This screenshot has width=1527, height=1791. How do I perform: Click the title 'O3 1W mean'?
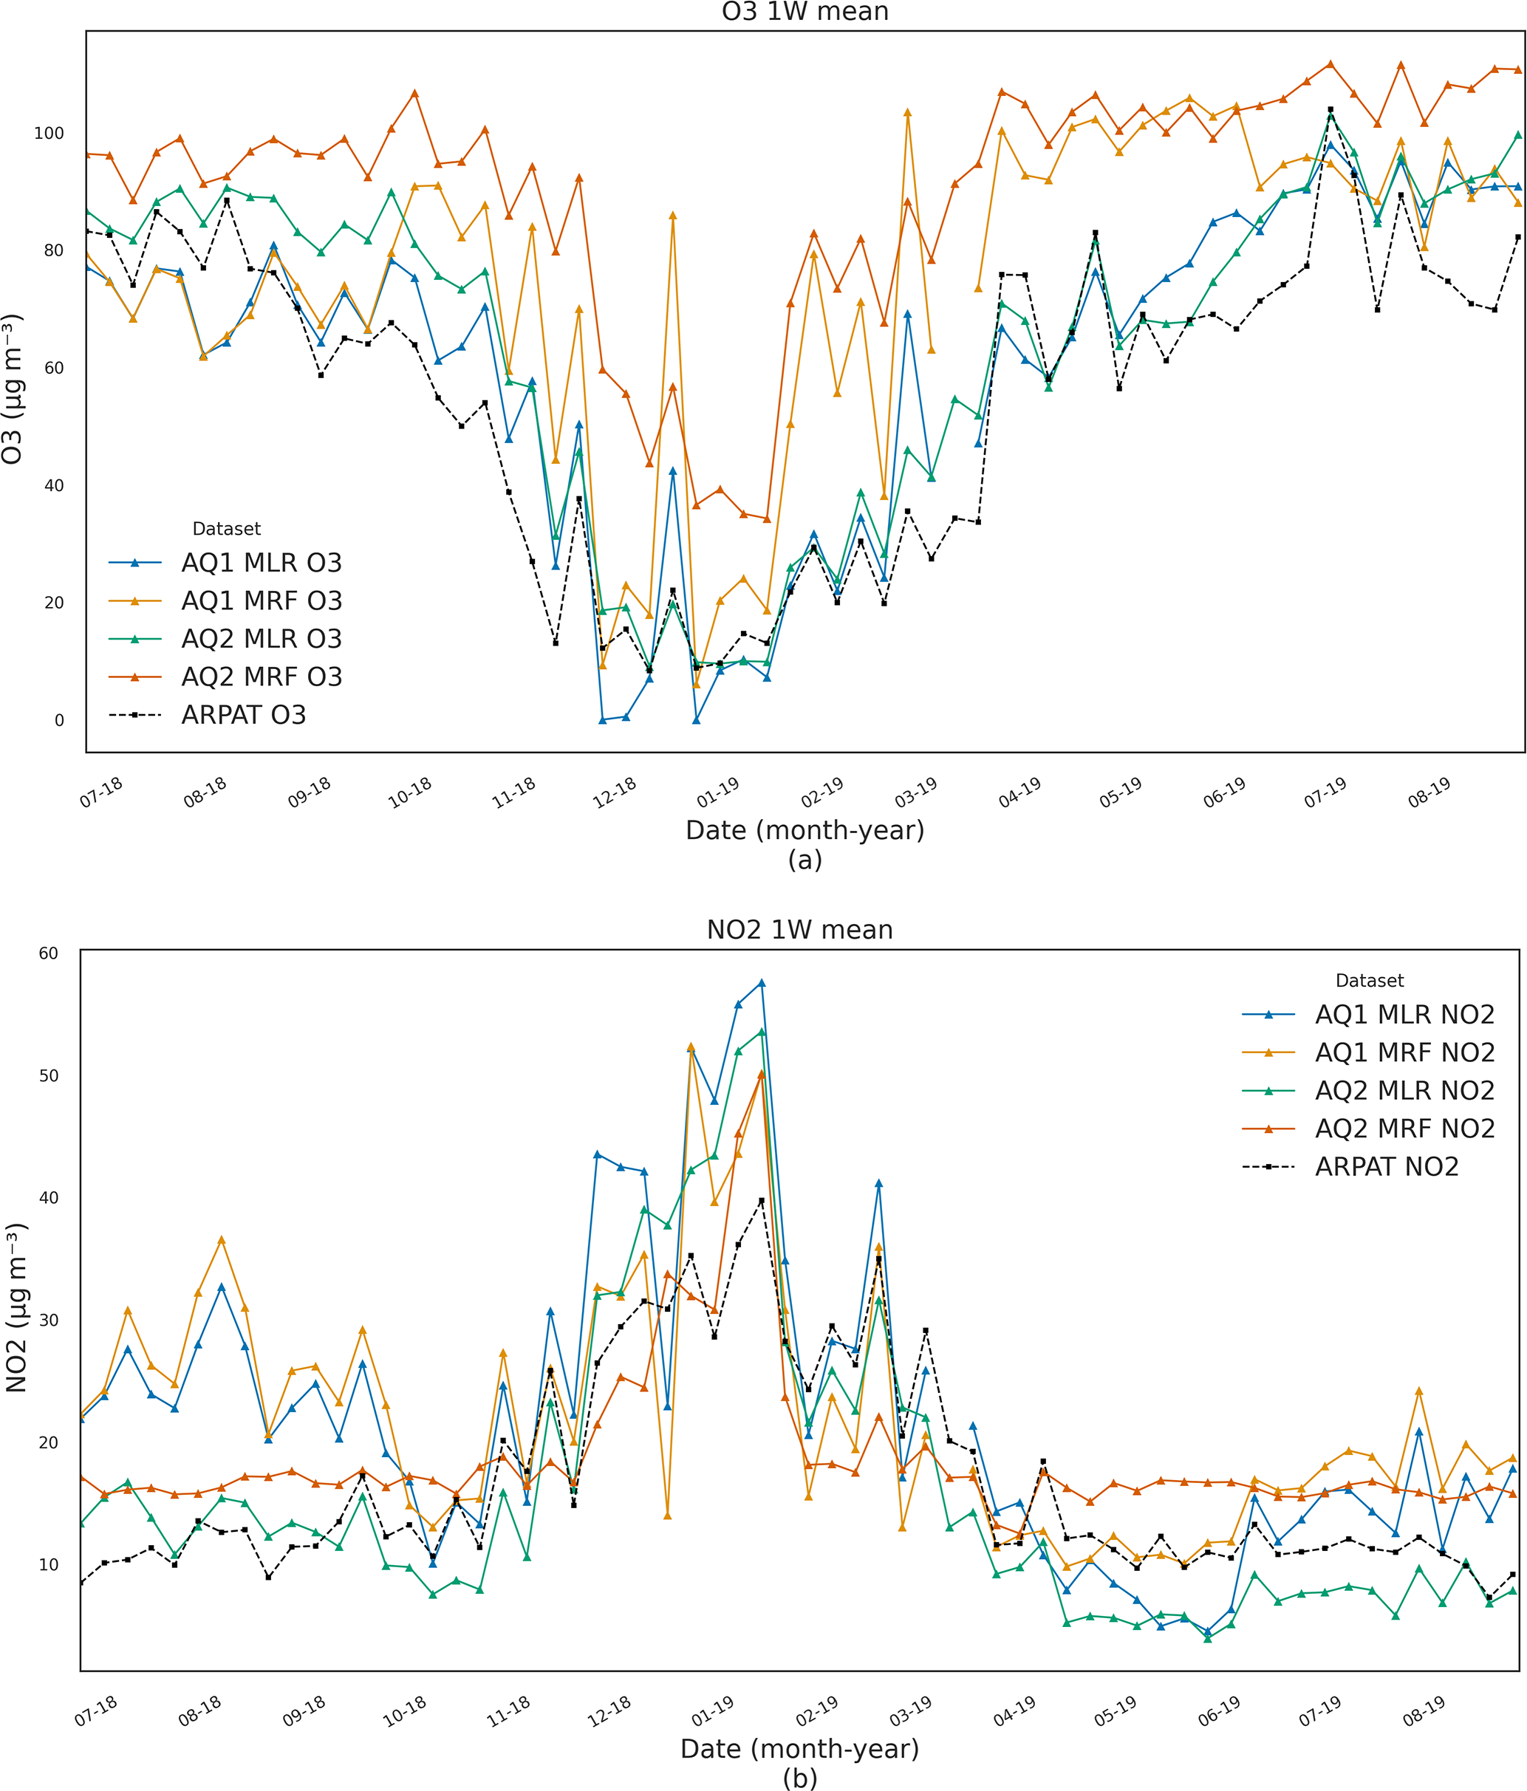tap(805, 12)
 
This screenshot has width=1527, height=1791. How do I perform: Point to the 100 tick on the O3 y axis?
tap(49, 133)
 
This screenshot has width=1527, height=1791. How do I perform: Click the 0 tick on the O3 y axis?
tap(59, 721)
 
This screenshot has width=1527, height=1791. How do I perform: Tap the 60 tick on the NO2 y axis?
tap(49, 953)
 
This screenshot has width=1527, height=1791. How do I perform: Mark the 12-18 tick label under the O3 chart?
tap(614, 792)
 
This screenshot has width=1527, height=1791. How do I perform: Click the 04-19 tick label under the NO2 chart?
tap(1014, 1711)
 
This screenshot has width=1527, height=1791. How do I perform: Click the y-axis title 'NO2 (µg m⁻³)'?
tap(16, 1307)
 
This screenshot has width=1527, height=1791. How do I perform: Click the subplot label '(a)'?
tap(805, 860)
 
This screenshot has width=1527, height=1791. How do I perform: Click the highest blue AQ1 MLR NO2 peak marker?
tap(762, 984)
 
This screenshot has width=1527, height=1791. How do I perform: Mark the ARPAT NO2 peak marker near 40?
tap(762, 1202)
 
